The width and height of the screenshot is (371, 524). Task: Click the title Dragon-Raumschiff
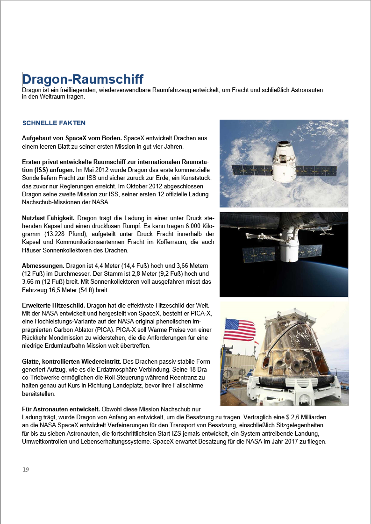coord(83,79)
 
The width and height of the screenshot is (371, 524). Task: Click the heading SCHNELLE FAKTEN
coord(54,123)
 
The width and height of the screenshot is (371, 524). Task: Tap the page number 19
coord(26,470)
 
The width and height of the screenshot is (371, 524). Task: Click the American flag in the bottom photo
coord(239,330)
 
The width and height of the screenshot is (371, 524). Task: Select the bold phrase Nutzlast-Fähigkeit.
coord(48,218)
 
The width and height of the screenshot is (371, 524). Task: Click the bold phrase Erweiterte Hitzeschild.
coord(53,305)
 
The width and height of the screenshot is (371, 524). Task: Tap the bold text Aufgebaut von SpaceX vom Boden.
coord(72,138)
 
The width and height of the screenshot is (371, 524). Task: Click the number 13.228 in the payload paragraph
coord(59,234)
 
